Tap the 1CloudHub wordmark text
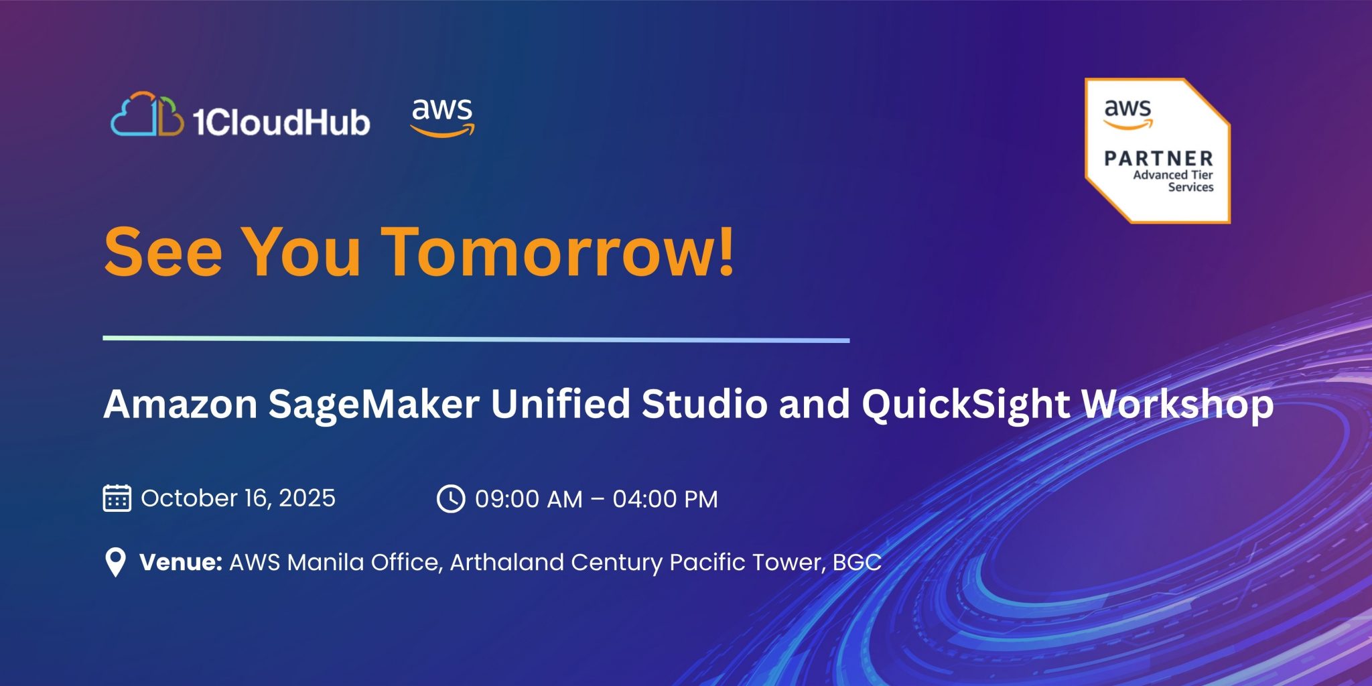pos(281,122)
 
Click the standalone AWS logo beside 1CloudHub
pos(443,118)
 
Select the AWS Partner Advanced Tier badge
pos(1158,151)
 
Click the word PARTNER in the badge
pos(1159,159)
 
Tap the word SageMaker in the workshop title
pos(374,405)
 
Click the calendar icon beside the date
pos(117,498)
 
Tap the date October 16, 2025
pos(238,498)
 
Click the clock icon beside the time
pos(451,499)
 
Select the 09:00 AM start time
pos(529,500)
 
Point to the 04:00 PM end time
pos(665,500)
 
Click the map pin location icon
pos(116,562)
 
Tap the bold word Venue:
pos(181,562)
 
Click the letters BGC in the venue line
pos(857,562)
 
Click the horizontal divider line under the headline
pos(476,340)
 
